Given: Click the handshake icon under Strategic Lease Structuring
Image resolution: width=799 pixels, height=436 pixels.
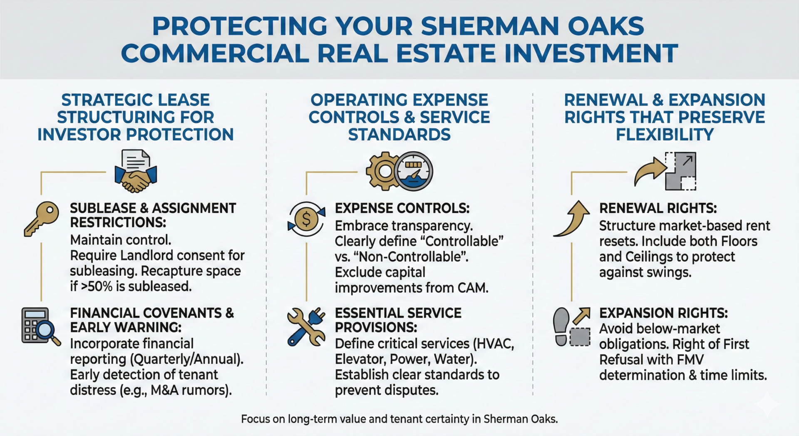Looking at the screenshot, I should (135, 172).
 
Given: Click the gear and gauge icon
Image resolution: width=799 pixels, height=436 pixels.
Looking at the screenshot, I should (399, 171).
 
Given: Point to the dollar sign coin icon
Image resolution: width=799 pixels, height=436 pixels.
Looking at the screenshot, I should (306, 219).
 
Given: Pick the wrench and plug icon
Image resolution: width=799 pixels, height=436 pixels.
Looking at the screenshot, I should (306, 327).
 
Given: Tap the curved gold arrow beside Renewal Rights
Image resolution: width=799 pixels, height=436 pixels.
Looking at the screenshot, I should (572, 218).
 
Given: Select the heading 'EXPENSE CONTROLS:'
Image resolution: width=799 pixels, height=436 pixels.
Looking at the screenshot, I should (402, 208).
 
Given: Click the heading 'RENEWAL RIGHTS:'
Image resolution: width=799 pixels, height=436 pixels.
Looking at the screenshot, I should (658, 208).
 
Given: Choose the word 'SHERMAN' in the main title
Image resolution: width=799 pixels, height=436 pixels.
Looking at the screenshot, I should (490, 26).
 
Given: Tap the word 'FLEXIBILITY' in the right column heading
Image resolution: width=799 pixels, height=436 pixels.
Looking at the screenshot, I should (665, 135).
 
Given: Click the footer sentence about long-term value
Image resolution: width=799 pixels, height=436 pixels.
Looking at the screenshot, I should (399, 419).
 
